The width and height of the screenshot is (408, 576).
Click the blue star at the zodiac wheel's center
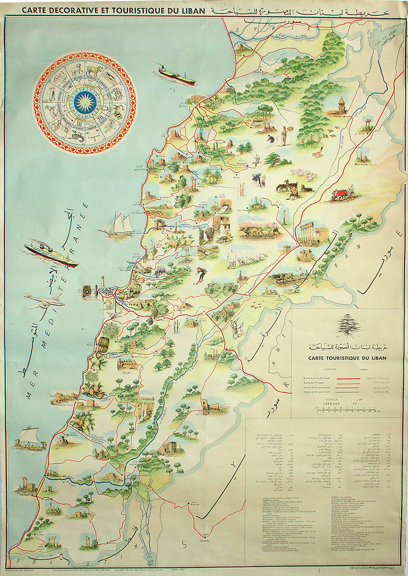(85, 102)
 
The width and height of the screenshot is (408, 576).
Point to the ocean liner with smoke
(51, 254)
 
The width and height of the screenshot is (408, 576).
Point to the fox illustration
(316, 153)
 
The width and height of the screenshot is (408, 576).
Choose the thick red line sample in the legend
(344, 378)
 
